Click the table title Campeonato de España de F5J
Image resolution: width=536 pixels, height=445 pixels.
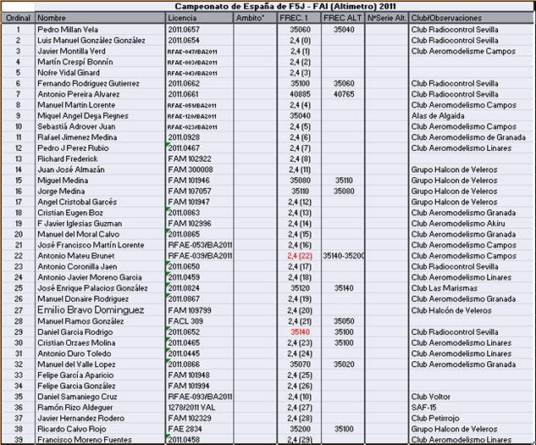(x=268, y=6)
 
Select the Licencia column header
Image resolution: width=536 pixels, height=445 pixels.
(x=182, y=17)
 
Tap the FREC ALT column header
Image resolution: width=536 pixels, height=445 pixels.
(x=343, y=17)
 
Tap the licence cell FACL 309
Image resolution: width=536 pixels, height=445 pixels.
(x=185, y=321)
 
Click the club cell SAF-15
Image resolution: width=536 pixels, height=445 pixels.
(x=423, y=408)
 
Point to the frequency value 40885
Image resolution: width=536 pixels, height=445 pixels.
(x=300, y=94)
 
